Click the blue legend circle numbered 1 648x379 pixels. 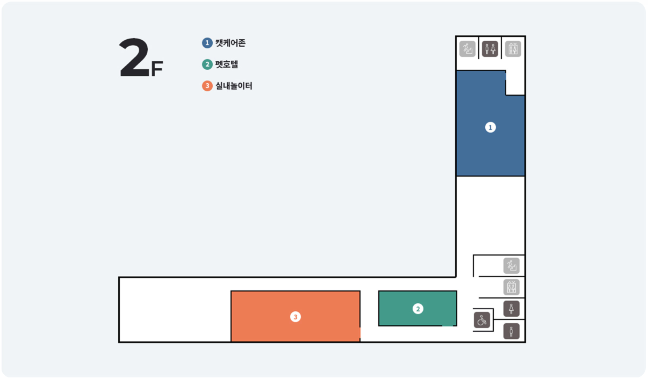(x=207, y=43)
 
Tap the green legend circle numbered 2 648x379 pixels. (x=207, y=64)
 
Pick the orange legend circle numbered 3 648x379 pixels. (x=207, y=86)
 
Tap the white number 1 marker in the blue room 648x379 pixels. (x=490, y=127)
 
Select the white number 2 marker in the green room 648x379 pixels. (x=417, y=309)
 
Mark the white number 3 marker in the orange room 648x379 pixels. (x=295, y=317)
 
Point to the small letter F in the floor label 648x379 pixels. (x=157, y=69)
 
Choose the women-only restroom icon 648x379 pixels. (x=512, y=309)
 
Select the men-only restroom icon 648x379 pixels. (x=512, y=331)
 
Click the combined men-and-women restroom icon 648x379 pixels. (x=490, y=49)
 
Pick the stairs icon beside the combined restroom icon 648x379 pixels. (x=467, y=49)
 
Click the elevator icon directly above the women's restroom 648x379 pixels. (x=512, y=287)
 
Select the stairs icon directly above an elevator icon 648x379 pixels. (x=512, y=265)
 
